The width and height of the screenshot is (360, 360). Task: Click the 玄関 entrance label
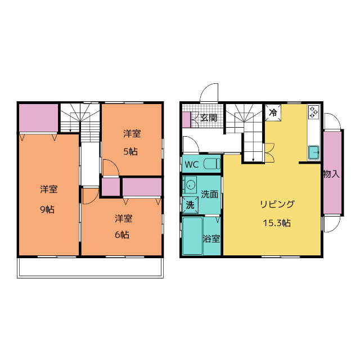[x=209, y=118]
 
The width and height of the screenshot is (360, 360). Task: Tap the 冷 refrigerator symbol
[x=273, y=112]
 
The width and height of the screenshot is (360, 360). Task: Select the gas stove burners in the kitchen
[x=314, y=112]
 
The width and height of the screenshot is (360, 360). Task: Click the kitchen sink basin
[x=314, y=152]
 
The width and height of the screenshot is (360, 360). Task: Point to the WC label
[x=192, y=164]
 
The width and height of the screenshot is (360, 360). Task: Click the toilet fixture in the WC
[x=212, y=164]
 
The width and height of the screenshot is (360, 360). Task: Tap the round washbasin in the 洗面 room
[x=191, y=184]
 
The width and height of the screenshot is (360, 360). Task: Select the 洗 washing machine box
[x=190, y=205]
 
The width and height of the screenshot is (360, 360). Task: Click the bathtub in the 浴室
[x=192, y=236]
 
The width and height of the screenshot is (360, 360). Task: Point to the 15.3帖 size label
[x=277, y=223]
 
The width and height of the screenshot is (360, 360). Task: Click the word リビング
[x=277, y=204]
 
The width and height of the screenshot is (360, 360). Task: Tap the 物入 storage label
[x=331, y=174]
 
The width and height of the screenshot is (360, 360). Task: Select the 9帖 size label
[x=47, y=209]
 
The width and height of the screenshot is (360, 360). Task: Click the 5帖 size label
[x=130, y=151]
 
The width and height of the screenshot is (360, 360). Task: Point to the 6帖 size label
[x=122, y=235]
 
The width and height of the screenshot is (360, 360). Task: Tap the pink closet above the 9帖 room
[x=38, y=118]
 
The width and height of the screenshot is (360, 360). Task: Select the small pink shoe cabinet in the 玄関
[x=186, y=120]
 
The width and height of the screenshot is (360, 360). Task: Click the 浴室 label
[x=211, y=238]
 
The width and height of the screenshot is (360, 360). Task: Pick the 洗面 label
[x=209, y=194]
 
